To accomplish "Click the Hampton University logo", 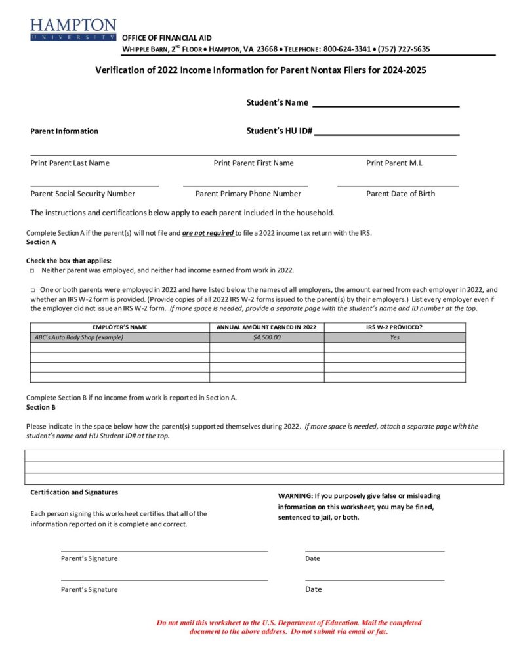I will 72,30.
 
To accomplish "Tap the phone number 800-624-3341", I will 348,49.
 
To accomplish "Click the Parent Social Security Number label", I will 83,194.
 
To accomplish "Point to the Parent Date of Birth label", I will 400,194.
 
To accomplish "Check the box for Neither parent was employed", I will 32,270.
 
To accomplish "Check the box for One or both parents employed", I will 32,290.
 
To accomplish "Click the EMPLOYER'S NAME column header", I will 120,327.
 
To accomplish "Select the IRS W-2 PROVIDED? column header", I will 394,327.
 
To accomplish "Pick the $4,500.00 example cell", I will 266,337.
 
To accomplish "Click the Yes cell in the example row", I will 394,337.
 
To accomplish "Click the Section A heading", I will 41,242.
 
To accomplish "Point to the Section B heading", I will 41,407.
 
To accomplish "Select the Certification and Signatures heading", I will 74,492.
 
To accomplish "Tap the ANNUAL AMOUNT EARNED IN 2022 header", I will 266,327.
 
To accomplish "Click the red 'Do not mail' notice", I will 289,627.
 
